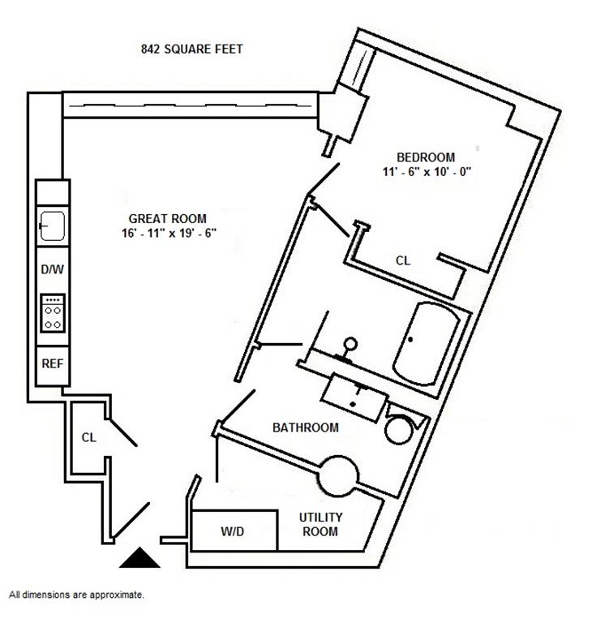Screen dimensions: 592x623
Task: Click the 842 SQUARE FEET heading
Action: pyautogui.click(x=191, y=49)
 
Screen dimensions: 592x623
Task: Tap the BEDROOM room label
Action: pyautogui.click(x=425, y=157)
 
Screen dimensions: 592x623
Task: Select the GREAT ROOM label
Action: pyautogui.click(x=167, y=218)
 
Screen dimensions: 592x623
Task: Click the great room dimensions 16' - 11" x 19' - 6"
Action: pyautogui.click(x=167, y=233)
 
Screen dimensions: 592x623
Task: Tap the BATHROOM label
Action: pyautogui.click(x=305, y=428)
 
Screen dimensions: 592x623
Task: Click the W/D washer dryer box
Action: pyautogui.click(x=234, y=532)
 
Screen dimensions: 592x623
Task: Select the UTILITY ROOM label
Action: pyautogui.click(x=320, y=524)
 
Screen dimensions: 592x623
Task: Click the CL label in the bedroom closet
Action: pyautogui.click(x=403, y=261)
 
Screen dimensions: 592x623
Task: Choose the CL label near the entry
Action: pyautogui.click(x=88, y=437)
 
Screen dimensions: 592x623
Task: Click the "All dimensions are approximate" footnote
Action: pyautogui.click(x=76, y=595)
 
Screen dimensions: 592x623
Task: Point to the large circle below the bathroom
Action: pyautogui.click(x=337, y=475)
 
